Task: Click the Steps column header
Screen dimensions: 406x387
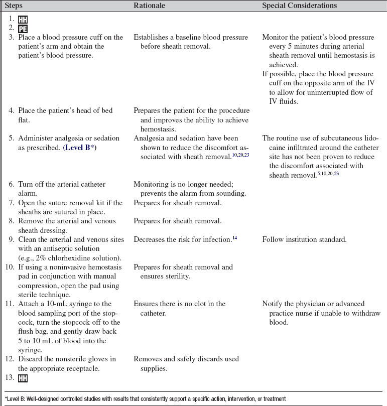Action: point(14,6)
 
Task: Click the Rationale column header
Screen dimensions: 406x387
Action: point(150,6)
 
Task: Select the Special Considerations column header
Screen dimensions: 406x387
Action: point(299,6)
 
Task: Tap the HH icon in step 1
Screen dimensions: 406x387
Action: point(23,19)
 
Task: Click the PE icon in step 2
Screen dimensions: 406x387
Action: point(23,28)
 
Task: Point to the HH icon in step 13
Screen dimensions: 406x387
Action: point(23,377)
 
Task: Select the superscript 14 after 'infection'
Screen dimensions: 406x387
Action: point(234,237)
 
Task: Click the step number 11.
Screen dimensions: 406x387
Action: point(10,304)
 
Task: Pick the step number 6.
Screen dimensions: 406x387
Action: point(12,184)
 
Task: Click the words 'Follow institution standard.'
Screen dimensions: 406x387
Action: point(304,239)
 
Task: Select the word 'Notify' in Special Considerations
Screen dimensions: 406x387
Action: point(274,304)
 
